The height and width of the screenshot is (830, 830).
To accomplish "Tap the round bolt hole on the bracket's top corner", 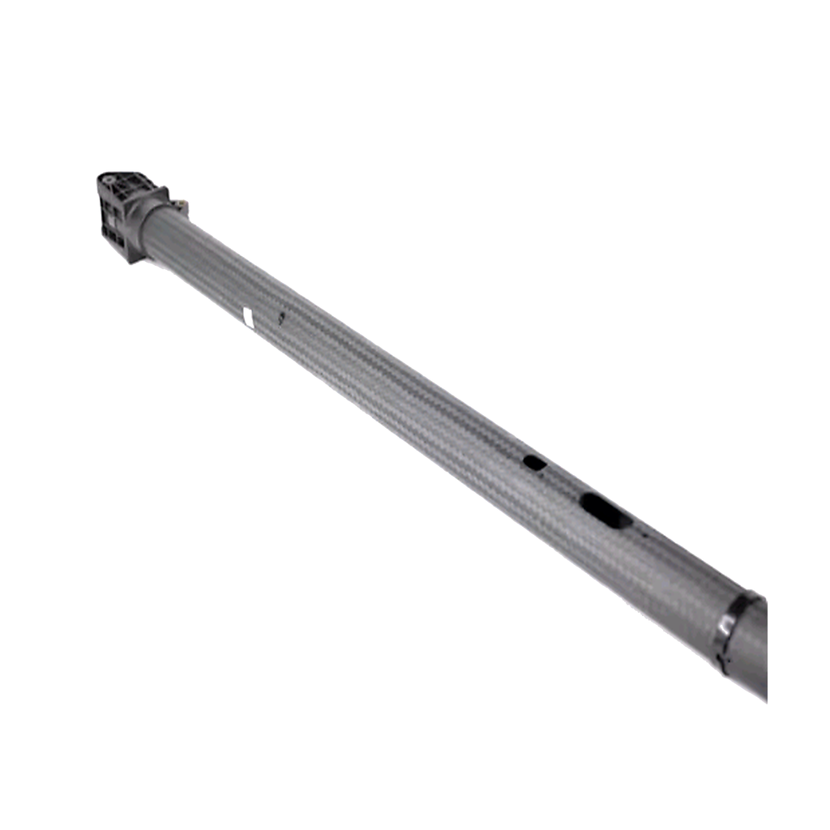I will tap(106, 177).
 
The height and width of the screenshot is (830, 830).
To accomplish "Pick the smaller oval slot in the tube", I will tap(534, 463).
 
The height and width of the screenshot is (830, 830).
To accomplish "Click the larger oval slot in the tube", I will tap(604, 511).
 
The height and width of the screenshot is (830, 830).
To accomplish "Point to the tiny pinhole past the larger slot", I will tap(645, 535).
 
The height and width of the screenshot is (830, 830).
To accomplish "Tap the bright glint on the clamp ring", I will tap(722, 625).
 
